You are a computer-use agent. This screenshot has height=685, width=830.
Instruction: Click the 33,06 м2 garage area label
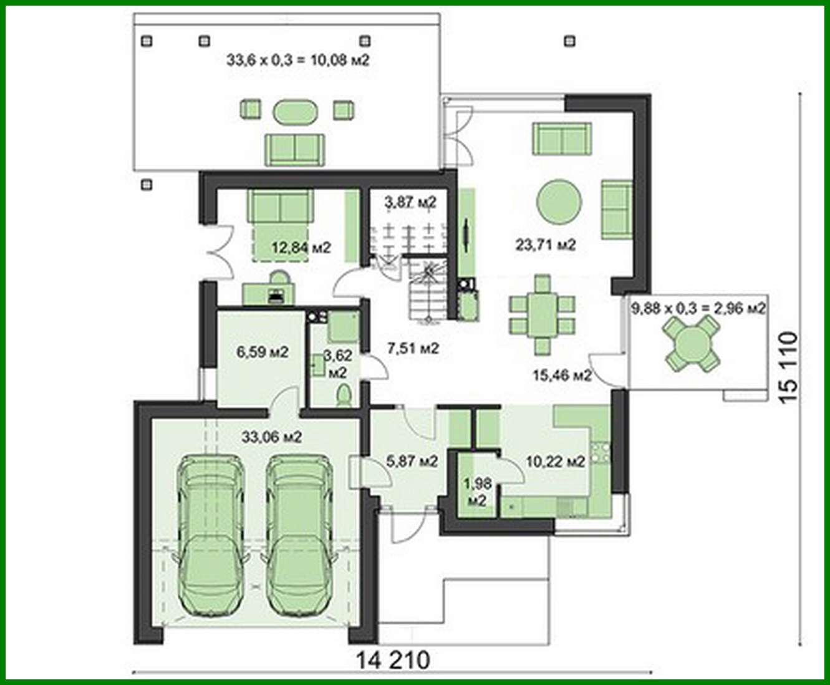[271, 437]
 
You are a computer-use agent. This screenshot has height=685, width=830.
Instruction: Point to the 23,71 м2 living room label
[545, 245]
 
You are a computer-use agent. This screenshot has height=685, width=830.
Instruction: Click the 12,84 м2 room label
[301, 248]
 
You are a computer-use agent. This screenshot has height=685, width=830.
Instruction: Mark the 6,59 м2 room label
[262, 352]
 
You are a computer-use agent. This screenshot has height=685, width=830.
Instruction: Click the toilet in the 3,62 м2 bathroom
[344, 396]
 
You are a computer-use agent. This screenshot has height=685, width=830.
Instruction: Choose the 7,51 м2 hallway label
[413, 348]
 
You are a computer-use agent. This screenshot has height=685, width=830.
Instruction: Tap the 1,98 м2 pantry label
[477, 492]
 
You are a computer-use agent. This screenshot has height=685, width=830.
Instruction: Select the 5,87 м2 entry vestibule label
[412, 462]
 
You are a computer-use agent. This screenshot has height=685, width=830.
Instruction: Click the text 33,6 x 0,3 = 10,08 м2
[298, 61]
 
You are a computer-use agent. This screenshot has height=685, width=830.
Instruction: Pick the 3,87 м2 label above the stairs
[410, 202]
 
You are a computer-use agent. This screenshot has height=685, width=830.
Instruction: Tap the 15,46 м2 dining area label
[562, 375]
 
